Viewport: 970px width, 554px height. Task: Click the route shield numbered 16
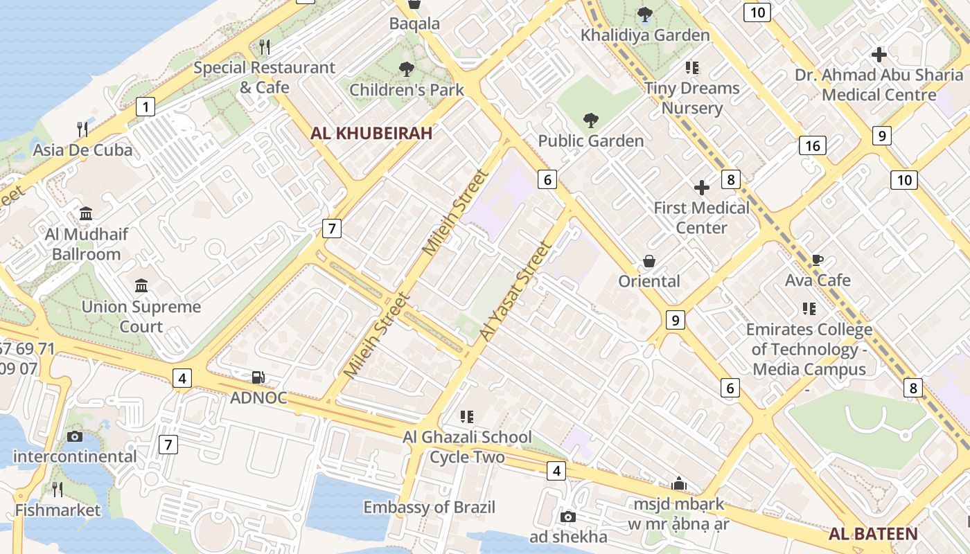[812, 145]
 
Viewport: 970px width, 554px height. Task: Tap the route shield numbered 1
[145, 107]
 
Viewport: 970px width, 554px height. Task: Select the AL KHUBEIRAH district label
[371, 134]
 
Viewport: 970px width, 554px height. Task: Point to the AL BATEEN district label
[873, 534]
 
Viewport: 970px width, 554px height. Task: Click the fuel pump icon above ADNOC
[258, 377]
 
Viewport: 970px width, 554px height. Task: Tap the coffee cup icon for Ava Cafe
[818, 260]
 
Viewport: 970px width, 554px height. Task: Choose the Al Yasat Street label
[517, 291]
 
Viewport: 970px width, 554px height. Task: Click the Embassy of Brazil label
[430, 507]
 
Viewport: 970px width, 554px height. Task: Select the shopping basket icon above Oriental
[649, 261]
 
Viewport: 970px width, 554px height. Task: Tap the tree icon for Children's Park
[406, 69]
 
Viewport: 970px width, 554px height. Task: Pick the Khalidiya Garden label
[645, 35]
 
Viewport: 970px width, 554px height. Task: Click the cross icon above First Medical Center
[702, 188]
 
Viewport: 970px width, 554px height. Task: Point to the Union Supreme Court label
[141, 316]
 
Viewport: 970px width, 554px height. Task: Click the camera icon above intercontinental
[75, 436]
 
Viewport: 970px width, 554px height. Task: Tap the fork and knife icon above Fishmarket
[58, 490]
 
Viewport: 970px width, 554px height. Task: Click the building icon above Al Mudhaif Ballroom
[86, 213]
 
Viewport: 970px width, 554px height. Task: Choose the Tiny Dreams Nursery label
[691, 98]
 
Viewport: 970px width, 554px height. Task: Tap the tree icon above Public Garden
[590, 121]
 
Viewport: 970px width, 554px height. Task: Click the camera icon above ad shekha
[568, 517]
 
